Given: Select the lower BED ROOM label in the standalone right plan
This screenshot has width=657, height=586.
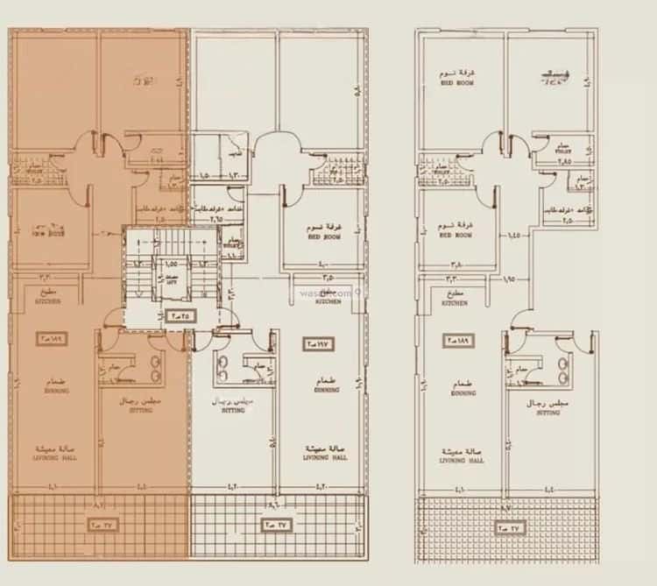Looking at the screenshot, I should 456,235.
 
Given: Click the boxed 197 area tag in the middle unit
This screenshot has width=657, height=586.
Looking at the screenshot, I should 314,342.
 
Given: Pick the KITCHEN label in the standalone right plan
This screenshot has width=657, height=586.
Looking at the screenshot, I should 454,301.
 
